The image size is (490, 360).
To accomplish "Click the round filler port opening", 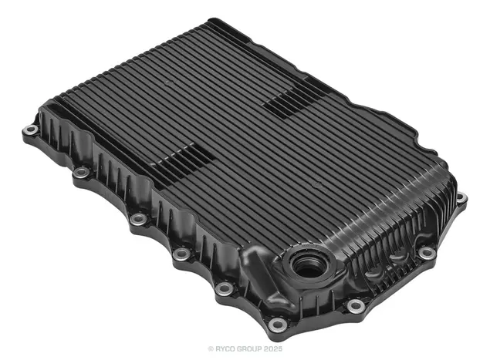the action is coord(309,266).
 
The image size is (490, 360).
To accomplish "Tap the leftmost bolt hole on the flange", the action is coord(31,129).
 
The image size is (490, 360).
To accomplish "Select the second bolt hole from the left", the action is coord(82,172).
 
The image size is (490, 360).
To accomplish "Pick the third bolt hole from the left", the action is coord(138,219).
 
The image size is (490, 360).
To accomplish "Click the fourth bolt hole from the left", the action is coord(181,253).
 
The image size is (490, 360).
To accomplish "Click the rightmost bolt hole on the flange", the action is coord(461,197).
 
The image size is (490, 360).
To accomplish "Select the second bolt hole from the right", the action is coord(427,253).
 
